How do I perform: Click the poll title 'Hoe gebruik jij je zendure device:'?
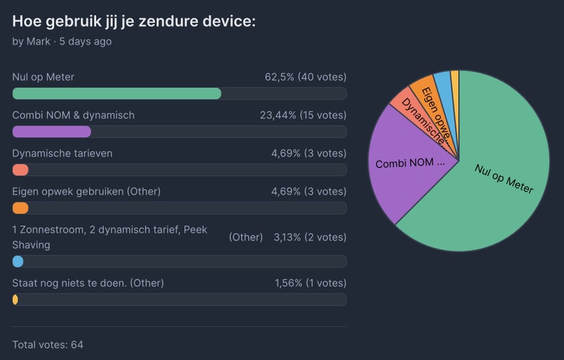(134, 21)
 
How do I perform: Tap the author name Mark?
(38, 42)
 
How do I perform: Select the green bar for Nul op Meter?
(116, 94)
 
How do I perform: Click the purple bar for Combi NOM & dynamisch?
(51, 132)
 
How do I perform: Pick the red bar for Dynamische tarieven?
(20, 170)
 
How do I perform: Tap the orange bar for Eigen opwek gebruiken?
(20, 208)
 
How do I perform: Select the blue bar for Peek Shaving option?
(18, 261)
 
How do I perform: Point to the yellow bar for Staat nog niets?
(16, 299)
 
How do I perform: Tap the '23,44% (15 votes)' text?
(300, 115)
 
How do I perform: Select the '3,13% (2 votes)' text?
(309, 237)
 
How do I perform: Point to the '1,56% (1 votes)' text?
(310, 283)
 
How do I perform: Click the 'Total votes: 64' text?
(48, 345)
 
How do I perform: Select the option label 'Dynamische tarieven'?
(62, 153)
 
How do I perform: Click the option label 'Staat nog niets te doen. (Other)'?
(88, 283)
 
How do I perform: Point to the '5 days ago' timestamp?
(85, 42)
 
